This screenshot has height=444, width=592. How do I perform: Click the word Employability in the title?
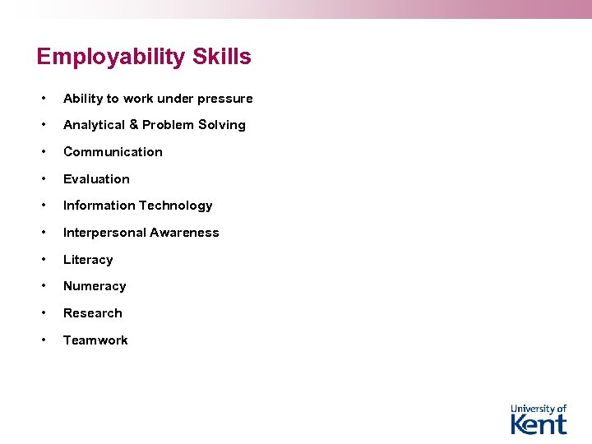click(x=111, y=58)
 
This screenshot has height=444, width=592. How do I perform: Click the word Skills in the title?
click(x=221, y=57)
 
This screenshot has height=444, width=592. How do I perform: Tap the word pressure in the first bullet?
click(x=224, y=99)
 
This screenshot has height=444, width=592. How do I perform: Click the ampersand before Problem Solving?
click(x=133, y=125)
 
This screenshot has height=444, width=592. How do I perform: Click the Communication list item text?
click(x=113, y=152)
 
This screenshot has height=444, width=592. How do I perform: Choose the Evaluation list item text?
click(x=96, y=179)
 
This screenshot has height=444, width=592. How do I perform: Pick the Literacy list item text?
click(x=88, y=260)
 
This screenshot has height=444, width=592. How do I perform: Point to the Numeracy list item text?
click(x=95, y=286)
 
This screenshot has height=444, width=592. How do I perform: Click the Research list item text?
click(x=93, y=313)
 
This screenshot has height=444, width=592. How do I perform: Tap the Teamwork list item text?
click(x=95, y=340)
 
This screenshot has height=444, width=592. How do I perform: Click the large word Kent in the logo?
click(x=539, y=424)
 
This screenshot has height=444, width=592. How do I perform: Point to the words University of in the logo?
click(x=539, y=409)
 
